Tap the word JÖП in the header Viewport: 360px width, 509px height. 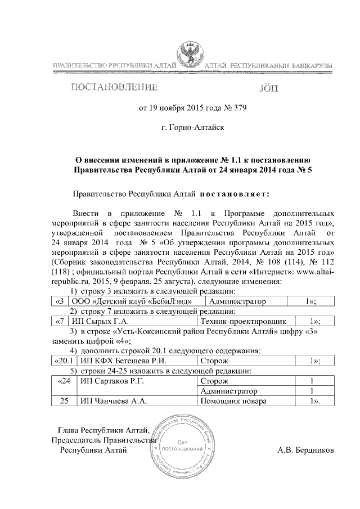pos(267,88)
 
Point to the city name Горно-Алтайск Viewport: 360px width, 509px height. pos(193,128)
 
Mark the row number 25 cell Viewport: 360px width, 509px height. pos(64,401)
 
